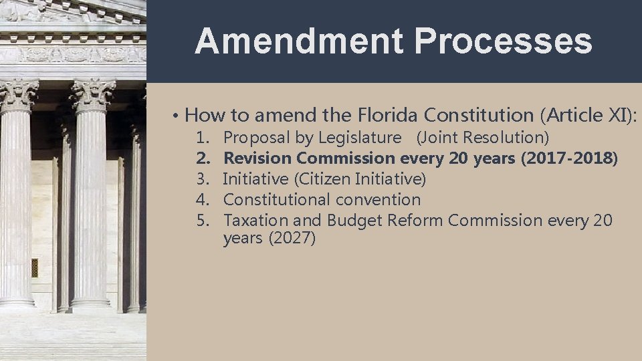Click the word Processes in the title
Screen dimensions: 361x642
point(503,41)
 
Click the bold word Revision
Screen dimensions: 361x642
point(257,158)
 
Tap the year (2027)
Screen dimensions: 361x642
point(291,239)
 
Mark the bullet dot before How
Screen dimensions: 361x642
point(174,116)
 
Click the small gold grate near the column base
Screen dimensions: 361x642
point(35,267)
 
